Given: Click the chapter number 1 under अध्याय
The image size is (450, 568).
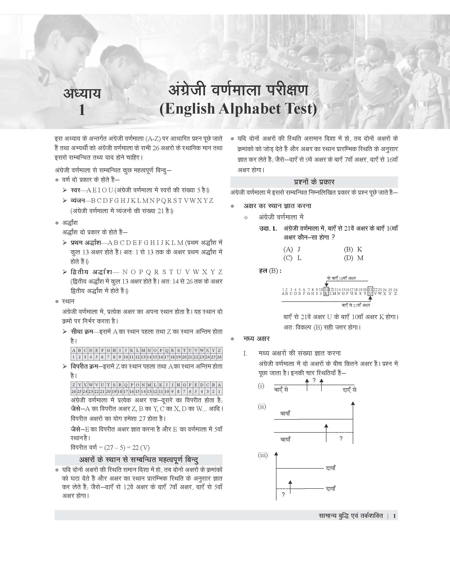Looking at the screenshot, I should click(82, 110).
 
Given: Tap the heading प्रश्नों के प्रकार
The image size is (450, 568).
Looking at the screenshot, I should click(314, 182).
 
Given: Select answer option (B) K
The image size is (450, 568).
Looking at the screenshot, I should click(353, 249).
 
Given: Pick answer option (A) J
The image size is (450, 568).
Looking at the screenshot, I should click(292, 249).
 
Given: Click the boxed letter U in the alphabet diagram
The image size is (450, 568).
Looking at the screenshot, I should click(370, 293).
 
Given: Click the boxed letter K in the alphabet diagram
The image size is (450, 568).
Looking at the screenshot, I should click(326, 293).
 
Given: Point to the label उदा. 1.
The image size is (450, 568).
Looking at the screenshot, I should click(268, 229).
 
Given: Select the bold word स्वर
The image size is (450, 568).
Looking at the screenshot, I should click(75, 190).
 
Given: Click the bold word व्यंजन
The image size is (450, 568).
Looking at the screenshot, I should click(77, 201).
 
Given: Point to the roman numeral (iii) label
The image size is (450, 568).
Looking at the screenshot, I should click(263, 455).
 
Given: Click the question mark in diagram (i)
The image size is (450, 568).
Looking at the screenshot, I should click(314, 380).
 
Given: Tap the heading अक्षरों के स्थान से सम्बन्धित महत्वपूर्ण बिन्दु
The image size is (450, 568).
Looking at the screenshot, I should click(138, 460).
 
